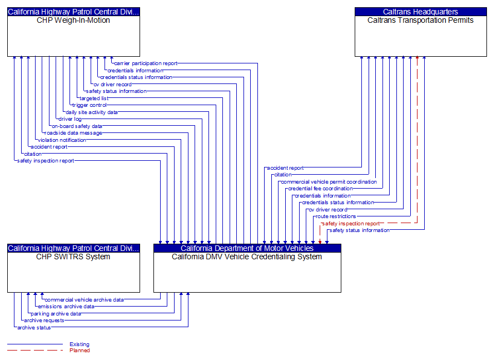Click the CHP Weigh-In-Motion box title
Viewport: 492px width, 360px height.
[x=73, y=21]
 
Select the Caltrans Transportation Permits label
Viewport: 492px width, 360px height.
[x=420, y=21]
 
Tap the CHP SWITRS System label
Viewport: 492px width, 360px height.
[x=73, y=257]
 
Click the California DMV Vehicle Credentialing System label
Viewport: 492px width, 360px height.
[x=247, y=257]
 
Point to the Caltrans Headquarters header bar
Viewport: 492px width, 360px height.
[x=420, y=12]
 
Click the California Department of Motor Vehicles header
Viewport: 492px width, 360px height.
[x=247, y=248]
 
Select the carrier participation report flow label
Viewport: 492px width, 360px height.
[x=146, y=63]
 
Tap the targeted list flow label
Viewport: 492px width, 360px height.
[x=94, y=98]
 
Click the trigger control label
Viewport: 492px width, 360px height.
[x=89, y=105]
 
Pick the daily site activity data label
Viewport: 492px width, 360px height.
[x=92, y=112]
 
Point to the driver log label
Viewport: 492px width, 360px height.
[x=70, y=119]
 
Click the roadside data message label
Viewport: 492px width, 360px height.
[x=73, y=133]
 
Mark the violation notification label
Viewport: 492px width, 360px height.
[x=62, y=140]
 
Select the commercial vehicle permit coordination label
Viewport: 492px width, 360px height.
[x=329, y=182]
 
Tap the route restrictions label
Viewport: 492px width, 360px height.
[x=335, y=216]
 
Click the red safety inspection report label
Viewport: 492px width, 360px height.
[x=351, y=224]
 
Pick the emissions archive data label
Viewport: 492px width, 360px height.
[x=66, y=307]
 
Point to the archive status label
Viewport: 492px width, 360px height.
[x=34, y=328]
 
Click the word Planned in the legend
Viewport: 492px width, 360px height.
[x=79, y=351]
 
